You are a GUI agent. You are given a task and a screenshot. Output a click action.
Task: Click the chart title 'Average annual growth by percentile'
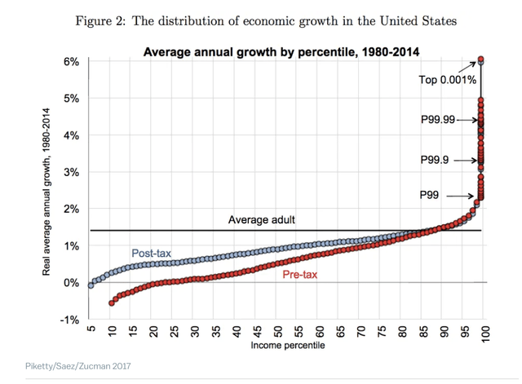point(281,52)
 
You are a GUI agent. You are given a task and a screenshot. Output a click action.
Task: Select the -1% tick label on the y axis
point(69,319)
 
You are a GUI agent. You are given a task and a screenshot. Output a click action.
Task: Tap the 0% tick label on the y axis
point(70,283)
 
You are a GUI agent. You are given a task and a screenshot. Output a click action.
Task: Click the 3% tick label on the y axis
point(70,172)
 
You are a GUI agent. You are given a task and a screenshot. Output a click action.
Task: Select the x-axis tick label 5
point(91,332)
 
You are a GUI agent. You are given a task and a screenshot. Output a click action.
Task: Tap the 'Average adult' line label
point(261,220)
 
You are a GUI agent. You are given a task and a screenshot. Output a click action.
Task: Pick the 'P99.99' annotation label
point(437,119)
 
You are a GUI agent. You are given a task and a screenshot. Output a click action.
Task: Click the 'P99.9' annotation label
point(436,160)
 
